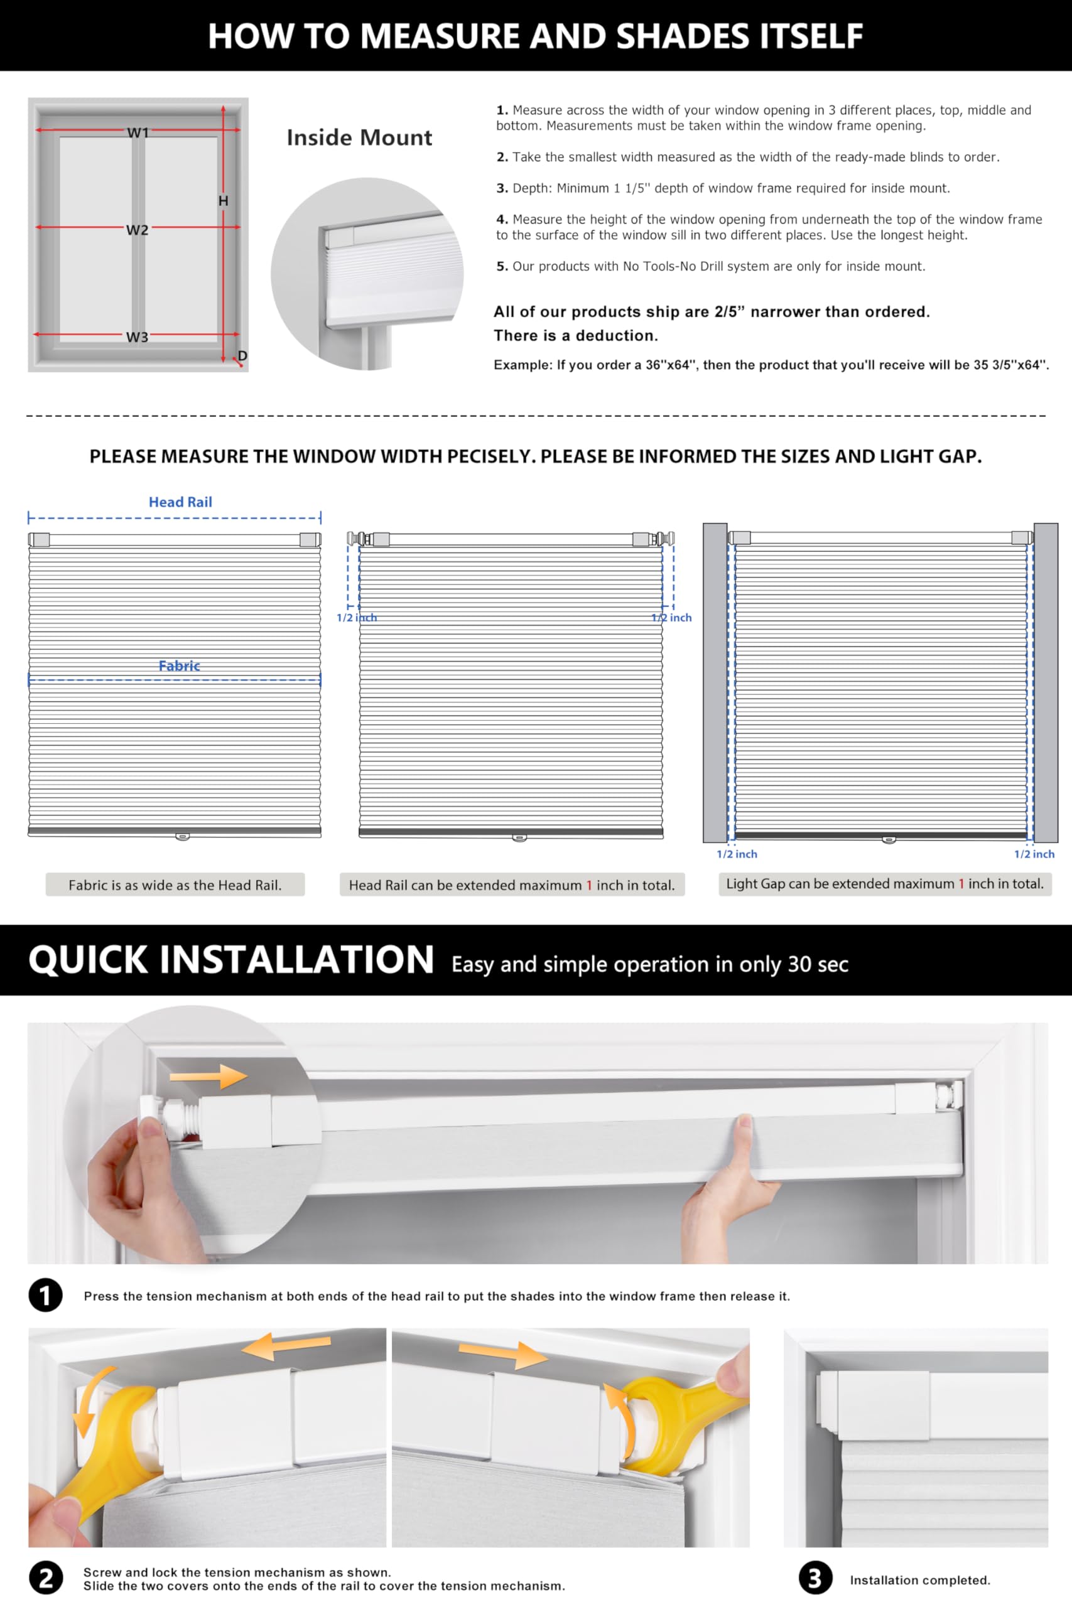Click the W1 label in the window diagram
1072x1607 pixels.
click(x=138, y=132)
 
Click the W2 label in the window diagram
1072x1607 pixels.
click(x=137, y=230)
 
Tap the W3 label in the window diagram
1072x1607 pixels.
click(x=137, y=337)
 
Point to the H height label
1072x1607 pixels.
click(x=223, y=201)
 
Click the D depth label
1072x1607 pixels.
click(x=242, y=356)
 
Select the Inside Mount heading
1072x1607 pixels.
click(x=359, y=137)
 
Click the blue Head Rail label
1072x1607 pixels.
click(x=180, y=502)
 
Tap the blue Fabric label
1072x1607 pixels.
click(x=179, y=665)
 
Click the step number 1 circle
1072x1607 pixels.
click(x=45, y=1295)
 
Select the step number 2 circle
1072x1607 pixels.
click(x=45, y=1577)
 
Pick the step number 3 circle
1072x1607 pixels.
click(x=815, y=1577)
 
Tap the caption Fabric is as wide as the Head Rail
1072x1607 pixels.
click(x=175, y=885)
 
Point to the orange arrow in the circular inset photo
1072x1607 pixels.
click(x=208, y=1077)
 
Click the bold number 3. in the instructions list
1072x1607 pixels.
click(x=502, y=188)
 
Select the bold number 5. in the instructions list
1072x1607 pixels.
click(x=502, y=266)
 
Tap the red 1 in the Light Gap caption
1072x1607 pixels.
click(x=961, y=883)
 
